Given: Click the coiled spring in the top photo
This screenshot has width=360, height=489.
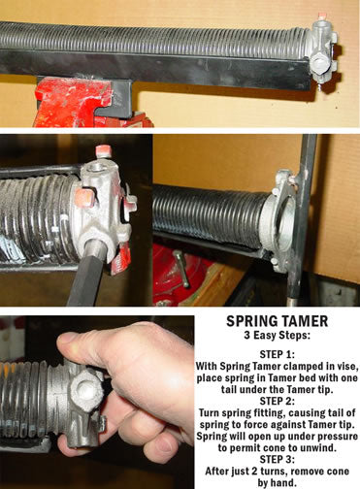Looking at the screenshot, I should point(155,41).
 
